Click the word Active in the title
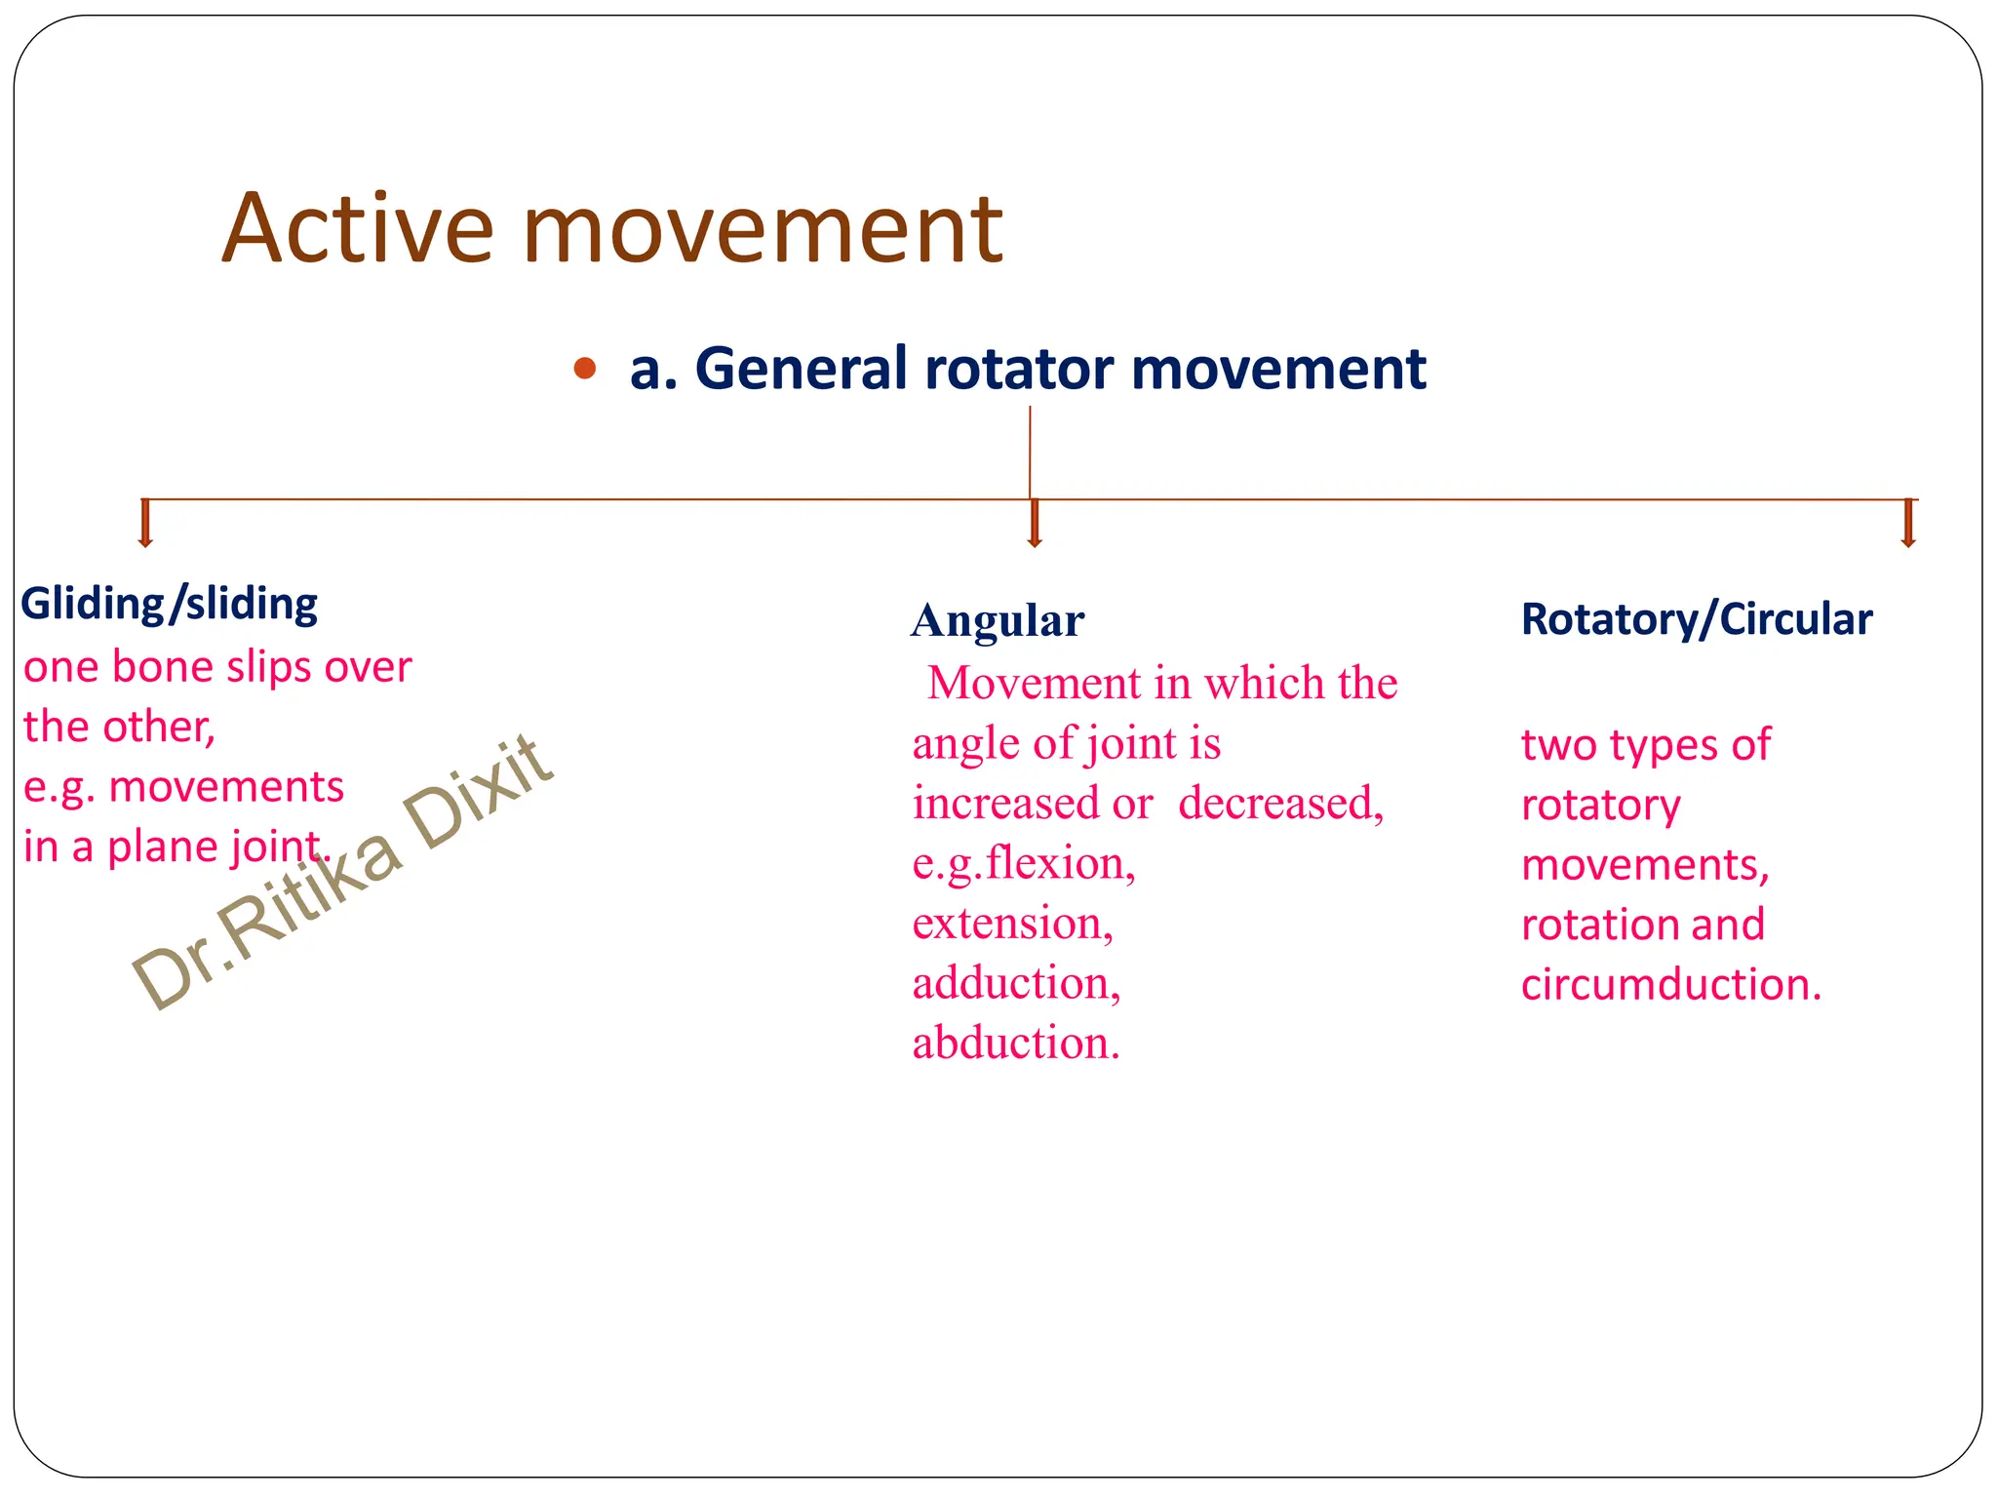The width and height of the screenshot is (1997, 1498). [x=358, y=229]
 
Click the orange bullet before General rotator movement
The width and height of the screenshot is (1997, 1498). [x=584, y=369]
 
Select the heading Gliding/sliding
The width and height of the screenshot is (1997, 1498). [x=169, y=604]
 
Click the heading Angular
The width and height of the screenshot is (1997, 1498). [x=997, y=620]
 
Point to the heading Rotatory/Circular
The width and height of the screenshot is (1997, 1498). [x=1696, y=619]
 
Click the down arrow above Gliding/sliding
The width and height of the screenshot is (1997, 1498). [x=145, y=524]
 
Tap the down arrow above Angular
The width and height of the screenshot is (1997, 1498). [x=1035, y=524]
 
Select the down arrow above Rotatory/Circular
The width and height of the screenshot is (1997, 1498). [x=1908, y=524]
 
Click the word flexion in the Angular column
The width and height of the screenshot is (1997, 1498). [x=1061, y=864]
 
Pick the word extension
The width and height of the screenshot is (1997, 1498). [x=1011, y=924]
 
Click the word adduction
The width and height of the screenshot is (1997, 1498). [x=1016, y=983]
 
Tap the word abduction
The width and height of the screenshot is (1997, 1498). [x=1015, y=1044]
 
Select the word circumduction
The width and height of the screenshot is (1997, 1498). [x=1670, y=985]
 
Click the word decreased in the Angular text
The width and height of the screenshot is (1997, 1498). [x=1280, y=804]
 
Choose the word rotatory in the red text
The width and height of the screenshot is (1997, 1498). [x=1600, y=806]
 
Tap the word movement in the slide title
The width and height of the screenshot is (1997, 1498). [x=762, y=229]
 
